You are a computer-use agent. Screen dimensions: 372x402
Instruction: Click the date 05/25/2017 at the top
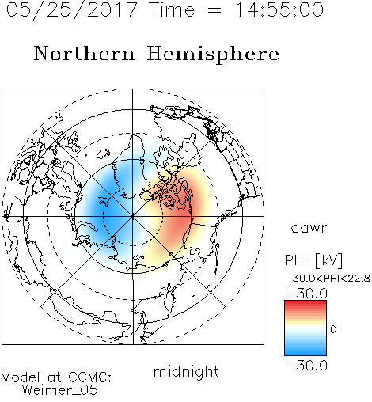(x=72, y=10)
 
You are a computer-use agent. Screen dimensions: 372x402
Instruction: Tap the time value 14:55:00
(x=279, y=9)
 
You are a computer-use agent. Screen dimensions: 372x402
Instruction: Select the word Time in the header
(x=172, y=9)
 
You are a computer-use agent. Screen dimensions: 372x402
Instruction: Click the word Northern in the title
(x=85, y=53)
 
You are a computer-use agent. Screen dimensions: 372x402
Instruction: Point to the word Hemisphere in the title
(x=213, y=54)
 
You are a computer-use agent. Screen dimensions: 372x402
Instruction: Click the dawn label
(x=310, y=227)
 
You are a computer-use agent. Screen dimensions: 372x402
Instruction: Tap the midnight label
(x=186, y=371)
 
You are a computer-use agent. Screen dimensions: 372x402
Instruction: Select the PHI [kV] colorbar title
(x=313, y=260)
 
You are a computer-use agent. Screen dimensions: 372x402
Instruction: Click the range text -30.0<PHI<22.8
(x=328, y=279)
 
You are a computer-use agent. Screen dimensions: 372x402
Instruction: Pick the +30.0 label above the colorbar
(x=306, y=294)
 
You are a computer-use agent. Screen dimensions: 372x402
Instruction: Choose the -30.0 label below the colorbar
(x=306, y=366)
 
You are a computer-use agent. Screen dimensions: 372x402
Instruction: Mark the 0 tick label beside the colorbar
(x=333, y=329)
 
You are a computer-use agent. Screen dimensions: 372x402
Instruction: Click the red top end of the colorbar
(x=306, y=303)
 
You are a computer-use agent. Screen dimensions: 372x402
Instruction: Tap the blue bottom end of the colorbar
(x=306, y=353)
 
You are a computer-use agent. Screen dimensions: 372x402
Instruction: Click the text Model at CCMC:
(x=56, y=377)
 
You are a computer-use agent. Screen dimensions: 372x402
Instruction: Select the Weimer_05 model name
(x=60, y=390)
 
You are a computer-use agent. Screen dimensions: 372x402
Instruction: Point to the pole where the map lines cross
(x=133, y=216)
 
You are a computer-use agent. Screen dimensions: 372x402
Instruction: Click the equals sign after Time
(x=214, y=10)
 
